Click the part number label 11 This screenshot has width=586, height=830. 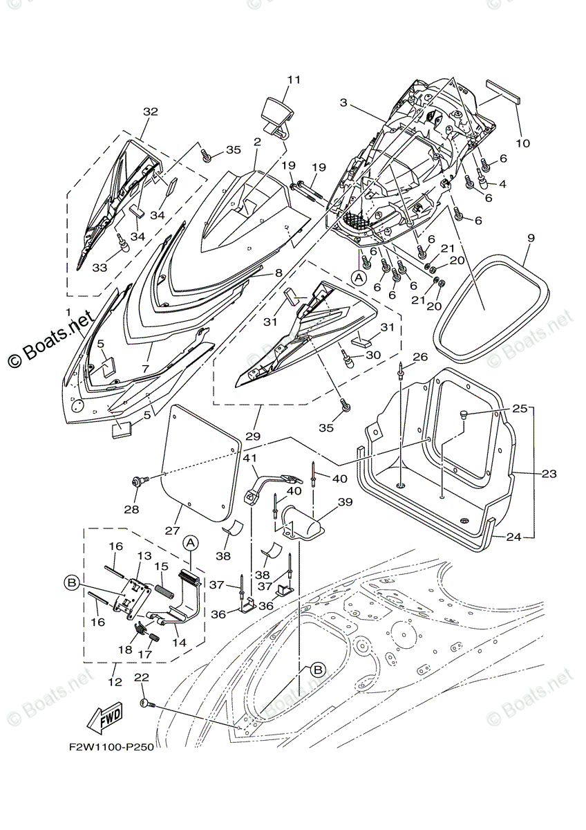[x=294, y=80]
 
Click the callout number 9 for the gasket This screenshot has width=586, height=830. [x=531, y=238]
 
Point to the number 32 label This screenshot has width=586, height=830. [x=150, y=111]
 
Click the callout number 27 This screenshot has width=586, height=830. [x=173, y=531]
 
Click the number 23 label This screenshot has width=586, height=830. [x=549, y=474]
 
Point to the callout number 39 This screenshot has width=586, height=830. [x=345, y=502]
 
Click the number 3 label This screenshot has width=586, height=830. [x=343, y=102]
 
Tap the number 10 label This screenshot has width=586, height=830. [x=522, y=142]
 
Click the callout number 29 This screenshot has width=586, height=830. [x=253, y=436]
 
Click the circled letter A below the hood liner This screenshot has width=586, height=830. [x=359, y=277]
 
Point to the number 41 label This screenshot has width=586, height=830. [x=250, y=458]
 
